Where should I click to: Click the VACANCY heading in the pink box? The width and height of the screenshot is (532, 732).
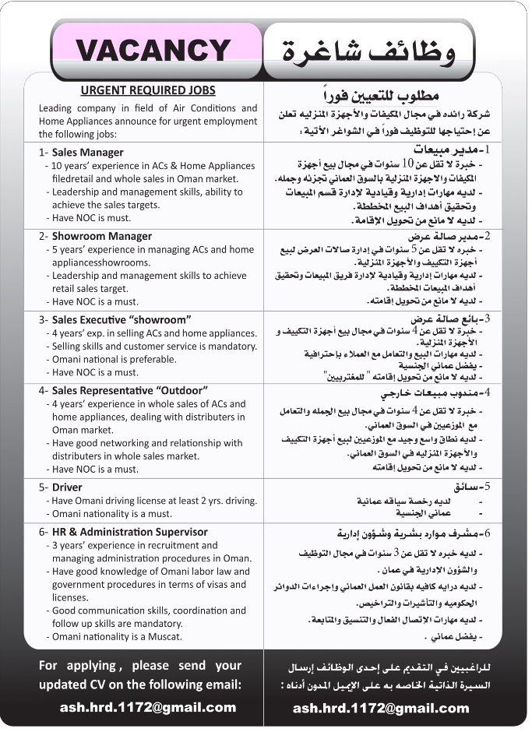[x=153, y=50]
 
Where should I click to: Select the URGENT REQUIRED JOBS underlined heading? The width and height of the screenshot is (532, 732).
[x=148, y=90]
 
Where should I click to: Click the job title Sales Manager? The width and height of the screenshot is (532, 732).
[x=87, y=153]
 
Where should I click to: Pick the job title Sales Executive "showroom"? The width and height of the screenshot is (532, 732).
[x=121, y=319]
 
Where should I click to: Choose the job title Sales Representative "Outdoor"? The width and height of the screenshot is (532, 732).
[x=129, y=390]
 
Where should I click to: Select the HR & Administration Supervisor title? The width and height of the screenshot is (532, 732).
[x=129, y=532]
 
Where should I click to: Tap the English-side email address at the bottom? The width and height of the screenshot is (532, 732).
[x=148, y=708]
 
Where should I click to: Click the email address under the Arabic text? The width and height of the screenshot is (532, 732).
[x=381, y=708]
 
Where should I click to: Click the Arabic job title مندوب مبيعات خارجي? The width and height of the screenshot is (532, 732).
[x=427, y=394]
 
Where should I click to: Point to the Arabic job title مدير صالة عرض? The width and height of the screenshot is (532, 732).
[x=440, y=236]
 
